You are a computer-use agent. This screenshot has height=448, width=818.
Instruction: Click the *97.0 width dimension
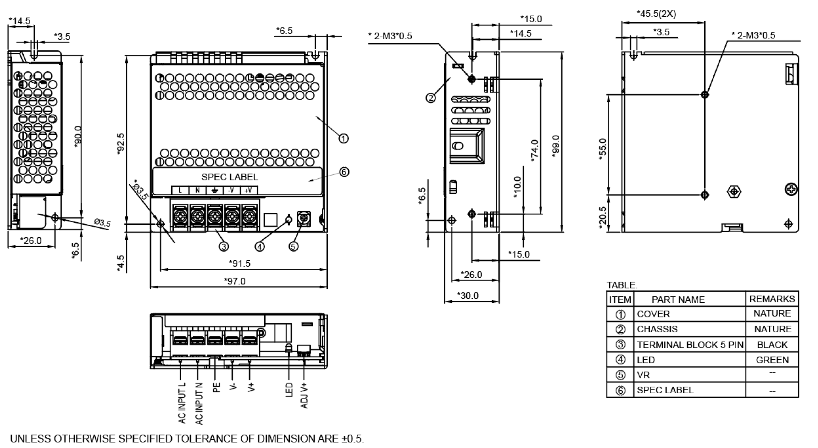click(x=235, y=281)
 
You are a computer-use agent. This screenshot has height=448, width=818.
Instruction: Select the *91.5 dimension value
click(x=240, y=264)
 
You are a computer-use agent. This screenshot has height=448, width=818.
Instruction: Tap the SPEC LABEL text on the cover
click(x=230, y=177)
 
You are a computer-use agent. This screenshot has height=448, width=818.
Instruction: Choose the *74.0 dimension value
click(x=534, y=151)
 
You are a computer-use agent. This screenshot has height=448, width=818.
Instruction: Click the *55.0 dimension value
click(x=603, y=149)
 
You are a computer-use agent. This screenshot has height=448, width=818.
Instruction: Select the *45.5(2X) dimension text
click(x=656, y=14)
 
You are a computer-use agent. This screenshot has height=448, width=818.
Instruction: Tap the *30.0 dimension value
click(x=468, y=296)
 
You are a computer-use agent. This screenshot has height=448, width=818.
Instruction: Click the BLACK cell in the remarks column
click(x=772, y=345)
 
